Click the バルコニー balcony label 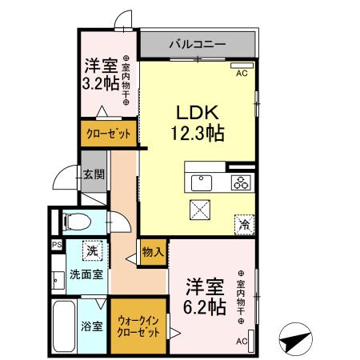point(197,43)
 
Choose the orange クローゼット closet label point(106,134)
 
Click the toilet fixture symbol point(75,221)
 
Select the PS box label point(57,246)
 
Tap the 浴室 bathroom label point(90,326)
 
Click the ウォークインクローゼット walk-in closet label point(138,326)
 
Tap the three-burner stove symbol point(241,182)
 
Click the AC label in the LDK point(241,73)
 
